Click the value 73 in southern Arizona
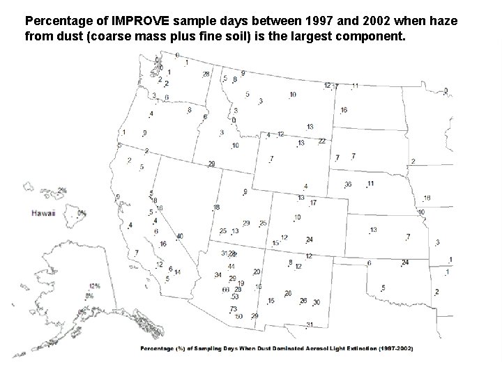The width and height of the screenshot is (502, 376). pyautogui.click(x=234, y=308)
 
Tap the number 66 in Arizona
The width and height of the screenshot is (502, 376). pyautogui.click(x=225, y=290)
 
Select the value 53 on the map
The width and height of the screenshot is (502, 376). pyautogui.click(x=235, y=297)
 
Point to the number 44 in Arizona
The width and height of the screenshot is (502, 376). pyautogui.click(x=231, y=267)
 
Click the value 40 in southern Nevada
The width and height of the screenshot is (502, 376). pyautogui.click(x=180, y=236)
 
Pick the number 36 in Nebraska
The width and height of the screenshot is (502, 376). pyautogui.click(x=348, y=185)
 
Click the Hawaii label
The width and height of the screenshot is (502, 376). pyautogui.click(x=43, y=214)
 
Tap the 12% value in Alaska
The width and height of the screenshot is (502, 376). pyautogui.click(x=95, y=285)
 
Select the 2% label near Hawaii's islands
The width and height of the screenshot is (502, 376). pyautogui.click(x=62, y=189)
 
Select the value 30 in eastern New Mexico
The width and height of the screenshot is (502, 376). pyautogui.click(x=317, y=302)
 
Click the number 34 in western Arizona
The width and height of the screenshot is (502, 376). pyautogui.click(x=218, y=275)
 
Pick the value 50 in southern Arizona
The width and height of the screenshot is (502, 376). pyautogui.click(x=238, y=316)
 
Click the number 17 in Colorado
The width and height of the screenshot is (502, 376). pyautogui.click(x=313, y=203)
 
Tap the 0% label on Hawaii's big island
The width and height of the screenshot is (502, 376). pyautogui.click(x=82, y=213)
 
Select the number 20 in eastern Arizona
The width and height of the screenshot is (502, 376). pyautogui.click(x=257, y=272)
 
